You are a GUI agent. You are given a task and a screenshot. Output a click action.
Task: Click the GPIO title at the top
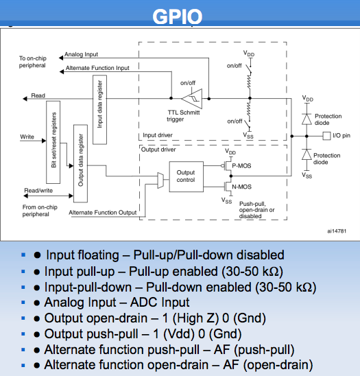click(178, 16)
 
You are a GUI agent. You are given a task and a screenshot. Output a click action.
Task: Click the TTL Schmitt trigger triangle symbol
click(192, 99)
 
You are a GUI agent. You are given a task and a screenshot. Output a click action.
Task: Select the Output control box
click(187, 177)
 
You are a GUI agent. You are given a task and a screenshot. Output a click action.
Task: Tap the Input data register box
click(99, 110)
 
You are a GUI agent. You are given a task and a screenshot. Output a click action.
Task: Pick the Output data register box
click(80, 163)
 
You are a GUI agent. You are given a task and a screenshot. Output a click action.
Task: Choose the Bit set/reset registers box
click(53, 142)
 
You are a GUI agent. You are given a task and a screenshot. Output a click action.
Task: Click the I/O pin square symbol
click(326, 136)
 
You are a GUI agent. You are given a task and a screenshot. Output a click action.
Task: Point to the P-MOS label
click(241, 166)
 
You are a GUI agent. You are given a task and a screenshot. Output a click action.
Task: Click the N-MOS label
click(241, 187)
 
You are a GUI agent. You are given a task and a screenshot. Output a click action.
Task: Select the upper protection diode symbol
click(307, 119)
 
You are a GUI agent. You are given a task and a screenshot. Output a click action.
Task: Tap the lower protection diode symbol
click(307, 154)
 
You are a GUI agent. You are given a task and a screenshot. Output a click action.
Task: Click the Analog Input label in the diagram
click(81, 54)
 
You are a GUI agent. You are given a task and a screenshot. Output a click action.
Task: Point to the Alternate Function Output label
click(103, 213)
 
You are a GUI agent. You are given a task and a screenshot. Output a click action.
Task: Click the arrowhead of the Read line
click(25, 99)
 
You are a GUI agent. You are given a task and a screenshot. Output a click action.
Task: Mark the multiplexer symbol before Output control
click(160, 180)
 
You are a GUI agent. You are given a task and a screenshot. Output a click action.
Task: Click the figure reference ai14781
click(337, 231)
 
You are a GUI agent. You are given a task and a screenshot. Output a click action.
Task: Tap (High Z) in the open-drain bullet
click(195, 318)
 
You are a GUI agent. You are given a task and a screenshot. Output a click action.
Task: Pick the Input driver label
click(158, 135)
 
